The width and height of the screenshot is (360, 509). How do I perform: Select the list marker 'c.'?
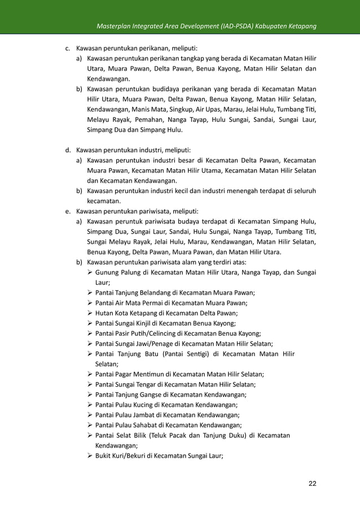68,49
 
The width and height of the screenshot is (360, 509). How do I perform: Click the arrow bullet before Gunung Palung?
90,274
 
